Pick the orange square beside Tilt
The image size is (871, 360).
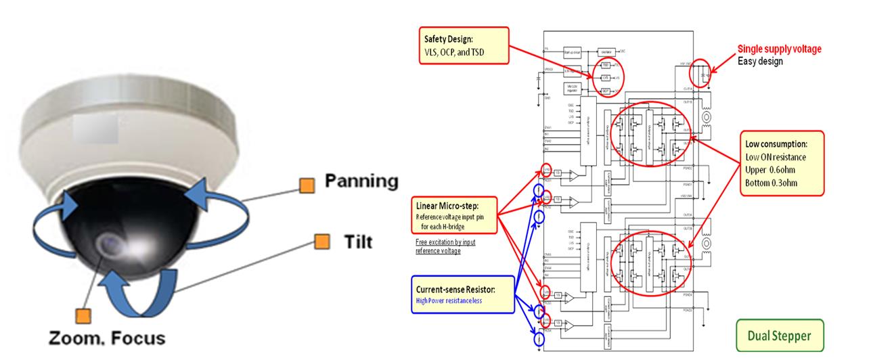[x=321, y=242]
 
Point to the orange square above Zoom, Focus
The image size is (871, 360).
[x=83, y=314]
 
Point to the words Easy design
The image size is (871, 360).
[x=760, y=61]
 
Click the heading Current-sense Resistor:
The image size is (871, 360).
[x=456, y=289]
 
